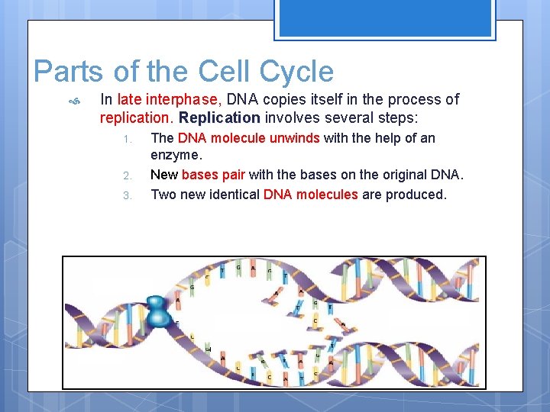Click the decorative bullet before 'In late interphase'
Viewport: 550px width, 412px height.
point(74,100)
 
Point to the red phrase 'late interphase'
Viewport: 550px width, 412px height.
point(169,99)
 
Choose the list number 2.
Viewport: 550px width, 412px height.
point(129,175)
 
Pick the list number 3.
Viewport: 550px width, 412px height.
point(129,195)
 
